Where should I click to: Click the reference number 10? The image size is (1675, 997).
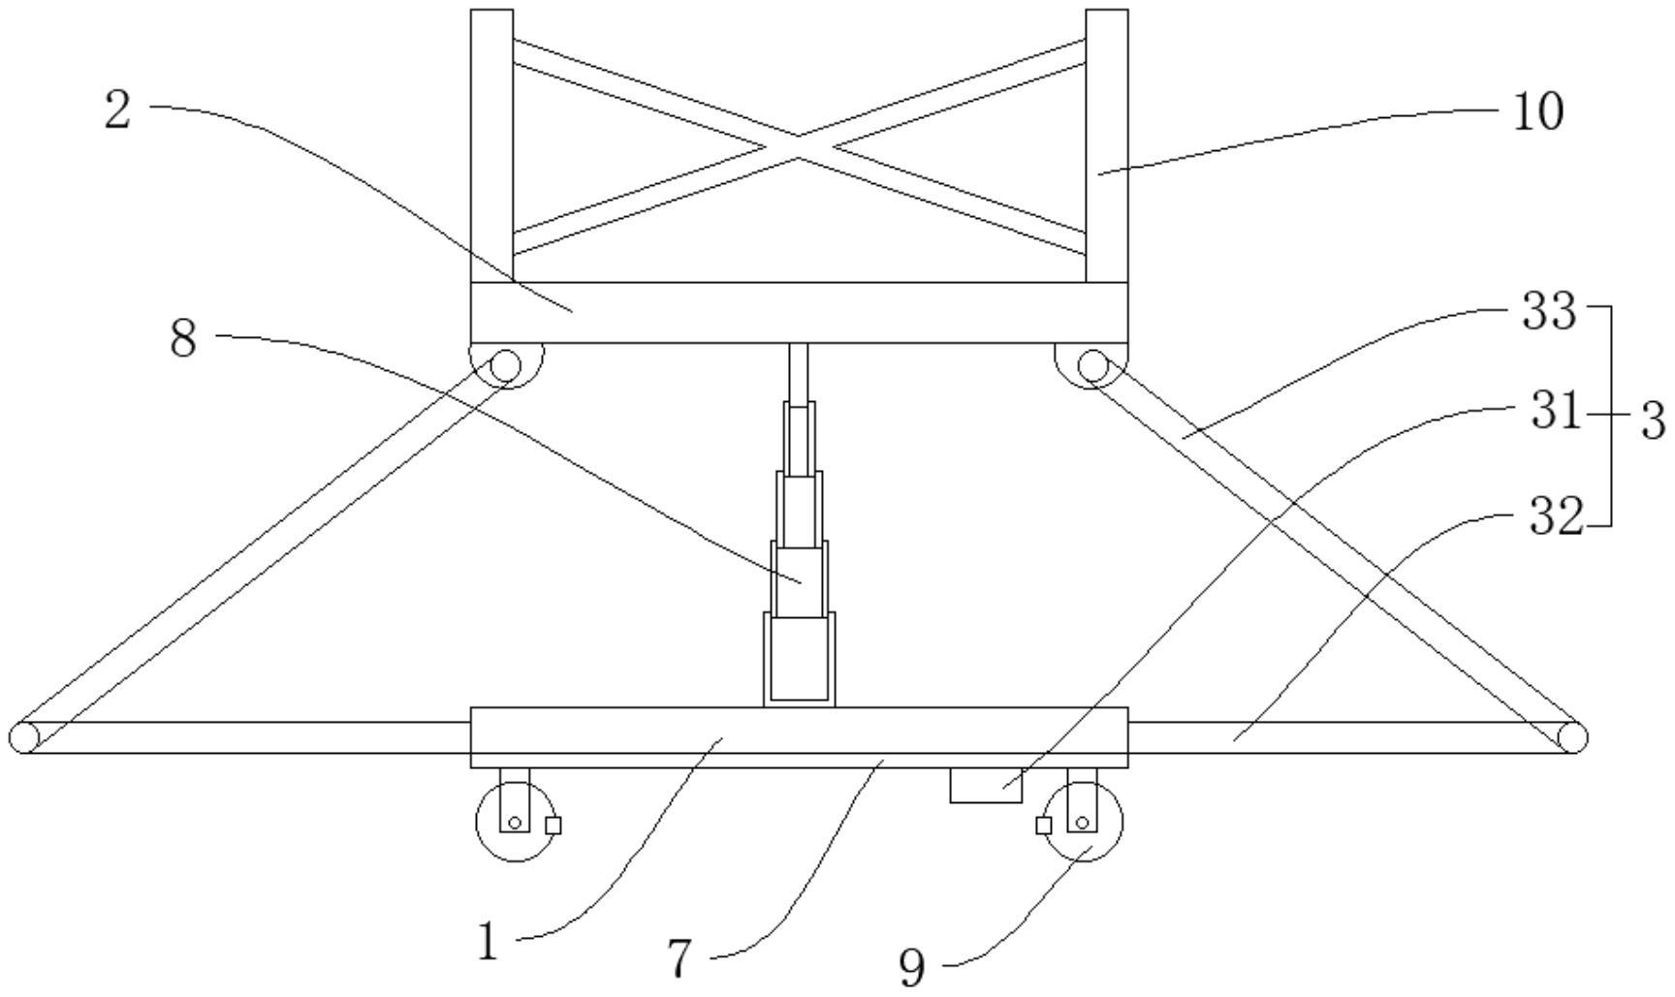(x=1537, y=112)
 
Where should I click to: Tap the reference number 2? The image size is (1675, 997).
(x=117, y=110)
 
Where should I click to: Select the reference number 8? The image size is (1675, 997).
(x=183, y=339)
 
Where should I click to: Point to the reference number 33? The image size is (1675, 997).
(x=1549, y=312)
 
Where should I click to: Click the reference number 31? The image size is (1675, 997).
(x=1556, y=411)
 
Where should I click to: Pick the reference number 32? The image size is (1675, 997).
(x=1556, y=516)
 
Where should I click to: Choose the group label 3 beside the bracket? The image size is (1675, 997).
(x=1652, y=421)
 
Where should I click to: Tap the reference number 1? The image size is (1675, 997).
(x=488, y=941)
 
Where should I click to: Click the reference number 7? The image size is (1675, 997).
(x=680, y=959)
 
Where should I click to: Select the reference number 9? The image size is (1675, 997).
(x=912, y=967)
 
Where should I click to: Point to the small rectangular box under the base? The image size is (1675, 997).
(x=986, y=785)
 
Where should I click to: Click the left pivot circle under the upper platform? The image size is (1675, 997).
(x=506, y=366)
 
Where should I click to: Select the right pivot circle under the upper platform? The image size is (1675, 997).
(x=1092, y=366)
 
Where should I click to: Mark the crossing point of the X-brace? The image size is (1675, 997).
(x=799, y=147)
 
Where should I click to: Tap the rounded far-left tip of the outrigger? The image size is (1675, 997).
(x=23, y=737)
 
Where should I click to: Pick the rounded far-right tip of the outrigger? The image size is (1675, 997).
(x=1572, y=737)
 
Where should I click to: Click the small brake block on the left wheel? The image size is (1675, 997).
(x=553, y=826)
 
